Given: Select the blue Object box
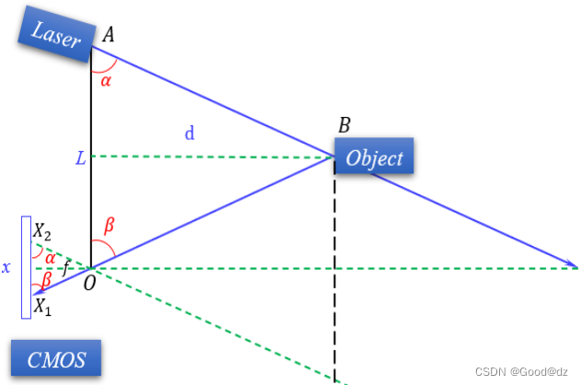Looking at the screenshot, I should pos(374,157).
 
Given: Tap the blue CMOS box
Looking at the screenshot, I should pos(55,359).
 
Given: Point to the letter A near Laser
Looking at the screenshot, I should pos(108,35).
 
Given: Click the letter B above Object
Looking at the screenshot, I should pos(344,126).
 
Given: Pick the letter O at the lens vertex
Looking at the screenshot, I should pos(88,282).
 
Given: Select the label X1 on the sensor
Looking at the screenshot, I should pos(42,308).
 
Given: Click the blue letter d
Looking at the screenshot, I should pos(190,134).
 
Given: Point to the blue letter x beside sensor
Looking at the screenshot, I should pos(6,268).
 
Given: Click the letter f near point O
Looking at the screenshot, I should pos(64,269).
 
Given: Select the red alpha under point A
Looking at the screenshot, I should pos(105,81).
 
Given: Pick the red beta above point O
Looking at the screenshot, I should pos(108,223).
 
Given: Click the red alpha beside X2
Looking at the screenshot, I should pos(50,257).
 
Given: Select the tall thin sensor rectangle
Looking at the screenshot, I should pos(27,267).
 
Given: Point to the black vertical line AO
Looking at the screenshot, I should pos(91,184).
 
